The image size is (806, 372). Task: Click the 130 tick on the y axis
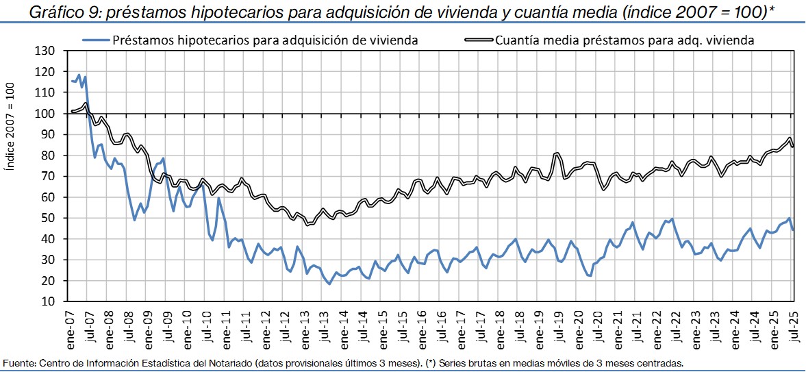click(x=50, y=51)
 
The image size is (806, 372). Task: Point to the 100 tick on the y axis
click(x=50, y=114)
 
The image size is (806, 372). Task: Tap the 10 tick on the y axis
click(x=53, y=301)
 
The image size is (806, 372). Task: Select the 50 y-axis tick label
click(x=53, y=218)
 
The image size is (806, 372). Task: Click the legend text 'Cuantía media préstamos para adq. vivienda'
click(x=624, y=40)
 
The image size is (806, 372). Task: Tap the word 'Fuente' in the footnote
click(x=18, y=362)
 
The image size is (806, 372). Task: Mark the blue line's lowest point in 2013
click(x=329, y=284)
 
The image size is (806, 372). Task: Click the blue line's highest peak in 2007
click(x=79, y=75)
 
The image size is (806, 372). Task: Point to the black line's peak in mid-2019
click(x=557, y=153)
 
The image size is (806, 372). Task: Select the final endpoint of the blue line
click(x=793, y=230)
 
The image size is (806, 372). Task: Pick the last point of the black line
click(x=793, y=147)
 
